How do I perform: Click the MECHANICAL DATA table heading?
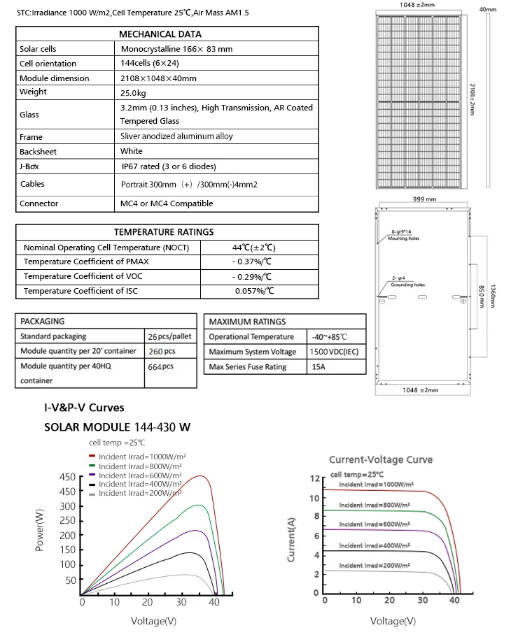tap(160, 34)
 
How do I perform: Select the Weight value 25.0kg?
tap(133, 92)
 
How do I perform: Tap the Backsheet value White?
tap(131, 151)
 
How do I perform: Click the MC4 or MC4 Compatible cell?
tap(167, 203)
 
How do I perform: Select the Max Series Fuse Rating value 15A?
tap(318, 367)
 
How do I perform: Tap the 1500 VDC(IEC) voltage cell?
tap(333, 352)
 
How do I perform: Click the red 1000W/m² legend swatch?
tap(92, 456)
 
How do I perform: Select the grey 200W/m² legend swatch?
tap(92, 493)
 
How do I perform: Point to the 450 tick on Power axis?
tap(67, 478)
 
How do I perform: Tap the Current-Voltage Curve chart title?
tap(381, 459)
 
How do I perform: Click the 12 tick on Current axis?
tap(314, 478)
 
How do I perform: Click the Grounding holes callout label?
tap(407, 285)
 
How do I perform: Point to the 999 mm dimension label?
tap(425, 199)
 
